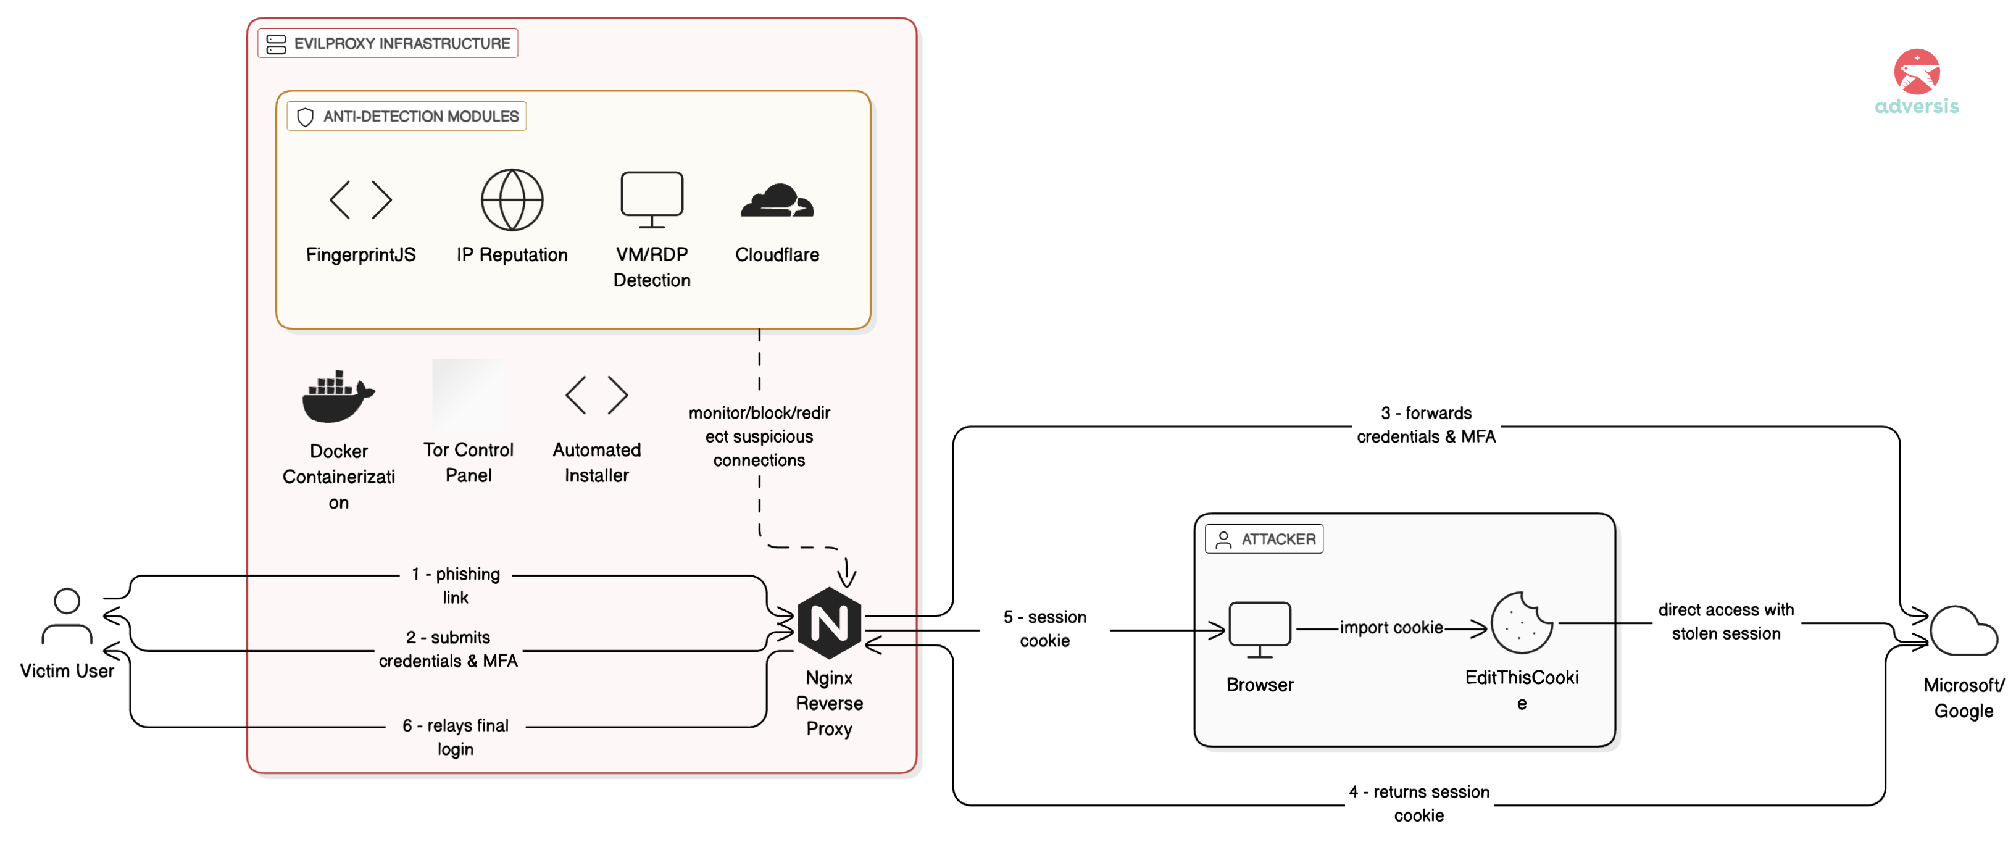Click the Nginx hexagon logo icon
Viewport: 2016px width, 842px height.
[829, 623]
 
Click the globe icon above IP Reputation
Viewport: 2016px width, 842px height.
[512, 199]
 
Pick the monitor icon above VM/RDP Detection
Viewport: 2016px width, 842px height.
[651, 199]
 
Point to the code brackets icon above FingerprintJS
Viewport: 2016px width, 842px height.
[360, 199]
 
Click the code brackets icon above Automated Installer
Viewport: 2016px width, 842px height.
[596, 394]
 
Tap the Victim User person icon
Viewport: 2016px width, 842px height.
[67, 616]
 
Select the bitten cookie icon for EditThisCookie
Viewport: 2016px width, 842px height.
[1522, 623]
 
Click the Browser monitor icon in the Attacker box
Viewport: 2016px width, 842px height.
[1259, 628]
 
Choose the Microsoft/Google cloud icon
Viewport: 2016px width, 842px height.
[1963, 631]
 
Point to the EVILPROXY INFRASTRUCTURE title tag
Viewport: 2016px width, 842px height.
[388, 44]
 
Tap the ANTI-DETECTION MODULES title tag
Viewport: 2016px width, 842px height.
[407, 117]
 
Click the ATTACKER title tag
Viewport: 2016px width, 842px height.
[1264, 539]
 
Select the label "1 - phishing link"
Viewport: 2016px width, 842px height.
[456, 585]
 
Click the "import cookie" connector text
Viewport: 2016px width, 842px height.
[1391, 628]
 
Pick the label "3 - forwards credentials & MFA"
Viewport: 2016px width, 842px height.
[1426, 424]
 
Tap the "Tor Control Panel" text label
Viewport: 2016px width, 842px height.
[468, 462]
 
